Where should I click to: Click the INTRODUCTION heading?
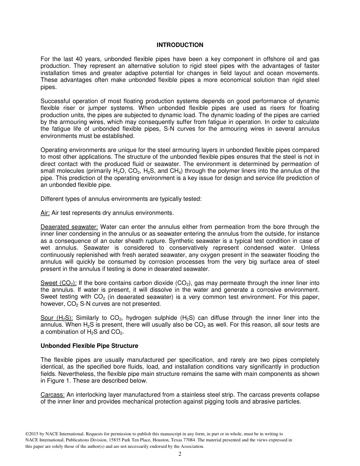(180, 45)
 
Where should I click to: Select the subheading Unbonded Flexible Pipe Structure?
(89, 346)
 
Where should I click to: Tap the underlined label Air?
(45, 213)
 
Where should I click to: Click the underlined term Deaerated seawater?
(69, 227)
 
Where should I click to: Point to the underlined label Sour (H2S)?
(56, 318)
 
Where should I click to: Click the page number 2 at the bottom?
(180, 454)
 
